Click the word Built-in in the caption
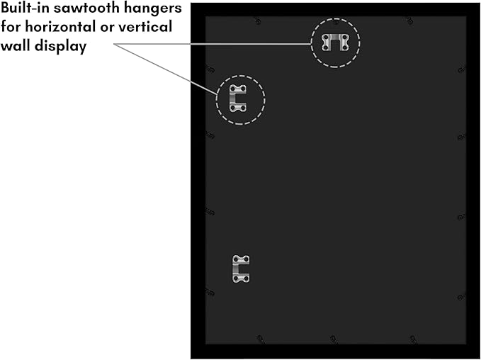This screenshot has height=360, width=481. [26, 8]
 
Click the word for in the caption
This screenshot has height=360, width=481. [11, 27]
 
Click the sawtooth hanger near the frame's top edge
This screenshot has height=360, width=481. [335, 38]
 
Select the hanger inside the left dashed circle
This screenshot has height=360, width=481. [234, 99]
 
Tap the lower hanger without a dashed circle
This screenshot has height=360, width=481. [237, 269]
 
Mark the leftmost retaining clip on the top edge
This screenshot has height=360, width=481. [258, 21]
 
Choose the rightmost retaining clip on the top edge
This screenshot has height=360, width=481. [409, 21]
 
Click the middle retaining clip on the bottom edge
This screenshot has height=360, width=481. [334, 339]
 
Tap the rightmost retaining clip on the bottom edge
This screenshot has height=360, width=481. [413, 339]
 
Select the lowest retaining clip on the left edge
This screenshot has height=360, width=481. [210, 292]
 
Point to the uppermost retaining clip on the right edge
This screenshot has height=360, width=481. [462, 70]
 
